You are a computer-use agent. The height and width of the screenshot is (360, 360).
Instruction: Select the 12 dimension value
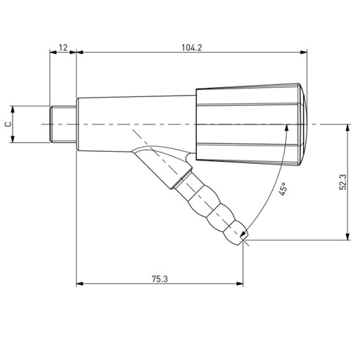point(63,48)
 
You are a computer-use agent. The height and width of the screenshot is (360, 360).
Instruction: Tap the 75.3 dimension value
point(160,278)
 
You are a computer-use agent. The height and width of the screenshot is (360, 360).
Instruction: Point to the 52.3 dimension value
point(342,182)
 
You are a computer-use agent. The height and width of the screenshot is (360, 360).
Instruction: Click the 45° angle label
point(283,190)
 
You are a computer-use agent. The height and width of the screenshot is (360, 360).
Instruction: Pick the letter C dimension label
point(8,124)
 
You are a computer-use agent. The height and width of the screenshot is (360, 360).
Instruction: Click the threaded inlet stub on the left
point(63,124)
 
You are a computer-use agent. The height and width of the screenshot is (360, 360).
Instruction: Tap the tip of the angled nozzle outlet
point(243,237)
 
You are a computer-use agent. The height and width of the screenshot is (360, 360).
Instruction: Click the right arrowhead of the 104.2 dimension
point(304,53)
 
